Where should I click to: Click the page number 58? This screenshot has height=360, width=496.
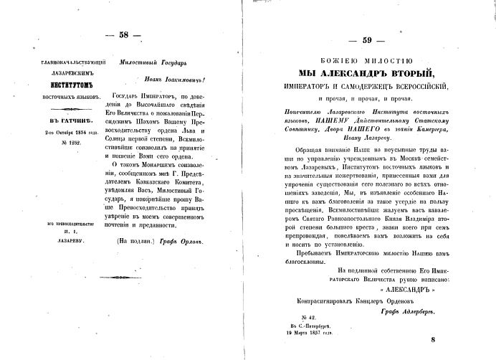[x=123, y=35]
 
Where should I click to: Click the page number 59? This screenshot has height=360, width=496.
[x=373, y=41]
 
